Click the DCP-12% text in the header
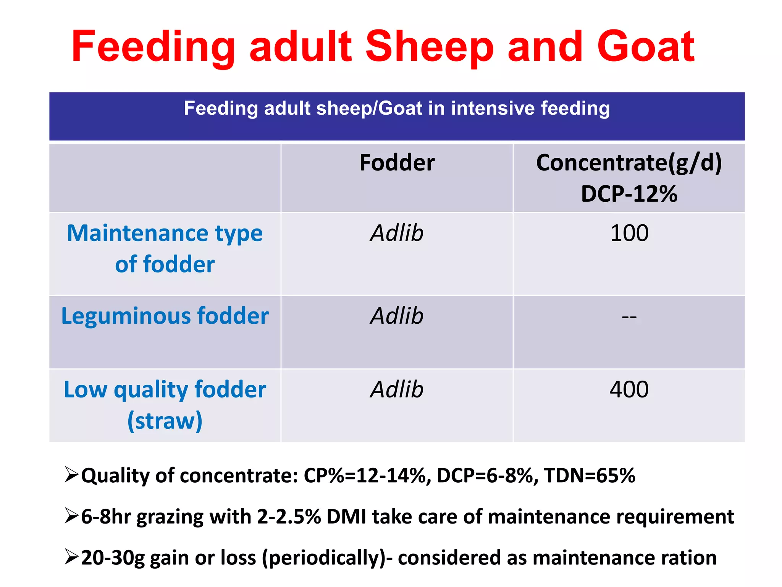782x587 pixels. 629,193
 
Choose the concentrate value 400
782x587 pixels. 629,389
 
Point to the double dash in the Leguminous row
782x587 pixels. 629,317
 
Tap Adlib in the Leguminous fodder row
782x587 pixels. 397,316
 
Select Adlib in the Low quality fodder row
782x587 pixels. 397,389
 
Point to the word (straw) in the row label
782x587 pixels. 165,421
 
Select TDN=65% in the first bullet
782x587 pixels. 590,476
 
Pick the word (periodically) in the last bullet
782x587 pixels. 326,558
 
